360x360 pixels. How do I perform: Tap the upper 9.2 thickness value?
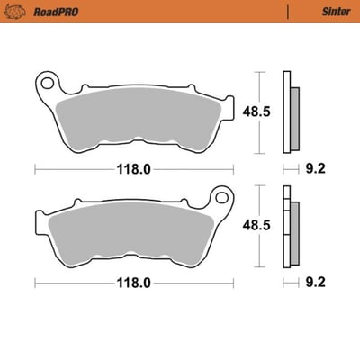[x=316, y=167]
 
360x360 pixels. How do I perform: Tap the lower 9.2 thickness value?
[x=316, y=281]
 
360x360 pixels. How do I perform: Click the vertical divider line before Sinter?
[x=287, y=13]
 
